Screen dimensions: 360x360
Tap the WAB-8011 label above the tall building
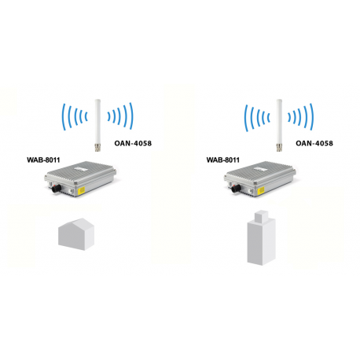[x=222, y=159]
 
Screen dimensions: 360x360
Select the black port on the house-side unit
[x=57, y=189]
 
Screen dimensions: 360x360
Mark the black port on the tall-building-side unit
[x=237, y=189]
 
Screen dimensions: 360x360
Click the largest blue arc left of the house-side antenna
[x=64, y=119]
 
